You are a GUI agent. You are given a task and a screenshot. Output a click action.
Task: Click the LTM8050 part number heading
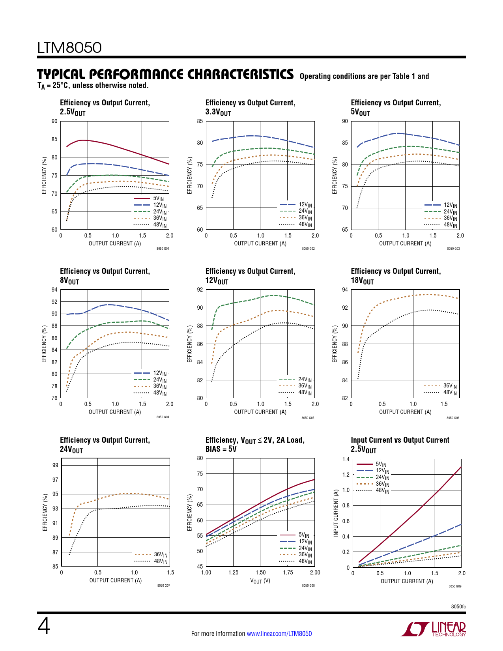tap(69, 48)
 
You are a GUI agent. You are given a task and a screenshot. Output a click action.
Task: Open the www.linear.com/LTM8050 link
tap(279, 634)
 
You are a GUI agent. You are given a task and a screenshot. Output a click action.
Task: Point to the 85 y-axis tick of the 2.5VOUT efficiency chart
tap(54, 139)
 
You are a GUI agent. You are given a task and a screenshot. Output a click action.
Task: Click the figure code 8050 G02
tap(308, 249)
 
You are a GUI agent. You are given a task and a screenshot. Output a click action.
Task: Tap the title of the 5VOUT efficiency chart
tap(396, 107)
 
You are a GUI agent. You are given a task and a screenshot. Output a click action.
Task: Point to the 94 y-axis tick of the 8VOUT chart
tap(54, 290)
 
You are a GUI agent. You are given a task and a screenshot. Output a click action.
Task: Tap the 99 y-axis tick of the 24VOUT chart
tap(55, 465)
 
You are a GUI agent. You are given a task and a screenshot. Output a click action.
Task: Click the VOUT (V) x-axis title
tap(260, 581)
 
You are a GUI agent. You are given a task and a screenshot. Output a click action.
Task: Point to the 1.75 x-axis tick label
tap(288, 572)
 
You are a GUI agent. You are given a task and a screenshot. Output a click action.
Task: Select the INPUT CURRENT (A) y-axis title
tap(336, 513)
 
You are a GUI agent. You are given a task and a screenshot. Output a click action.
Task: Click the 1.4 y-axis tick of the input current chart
tap(346, 459)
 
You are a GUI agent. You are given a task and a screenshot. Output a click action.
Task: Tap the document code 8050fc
tap(458, 606)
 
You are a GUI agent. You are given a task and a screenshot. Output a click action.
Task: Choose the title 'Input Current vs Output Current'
tap(400, 440)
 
